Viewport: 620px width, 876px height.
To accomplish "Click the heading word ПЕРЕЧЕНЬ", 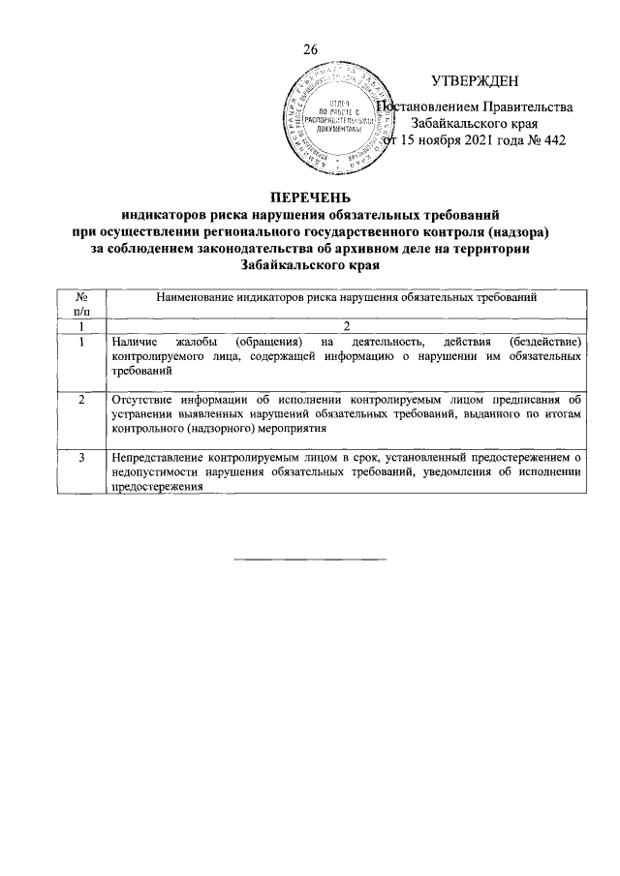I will pos(310,198).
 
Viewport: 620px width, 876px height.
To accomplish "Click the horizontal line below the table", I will pos(310,559).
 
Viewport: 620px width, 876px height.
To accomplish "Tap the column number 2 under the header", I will pos(345,326).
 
